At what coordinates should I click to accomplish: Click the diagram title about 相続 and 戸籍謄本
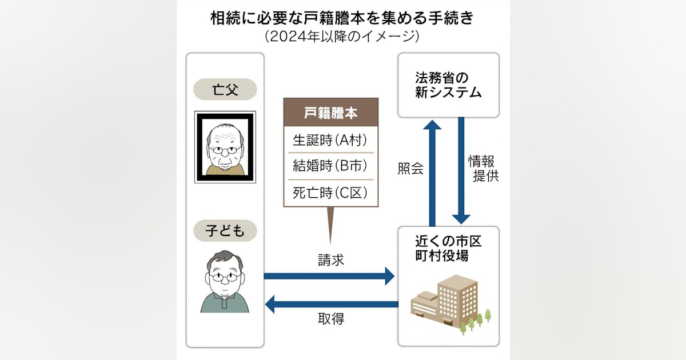tap(342, 18)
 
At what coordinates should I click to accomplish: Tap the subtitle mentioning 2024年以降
tap(342, 38)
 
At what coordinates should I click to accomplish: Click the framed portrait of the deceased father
tap(225, 147)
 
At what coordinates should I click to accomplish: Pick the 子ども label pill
tap(225, 231)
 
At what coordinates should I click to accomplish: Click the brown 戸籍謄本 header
tap(331, 113)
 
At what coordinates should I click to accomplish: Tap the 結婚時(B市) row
tap(331, 166)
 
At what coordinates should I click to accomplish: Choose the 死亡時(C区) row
tap(331, 193)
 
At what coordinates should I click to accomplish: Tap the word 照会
tap(410, 169)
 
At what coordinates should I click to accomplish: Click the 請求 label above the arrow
tap(331, 260)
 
